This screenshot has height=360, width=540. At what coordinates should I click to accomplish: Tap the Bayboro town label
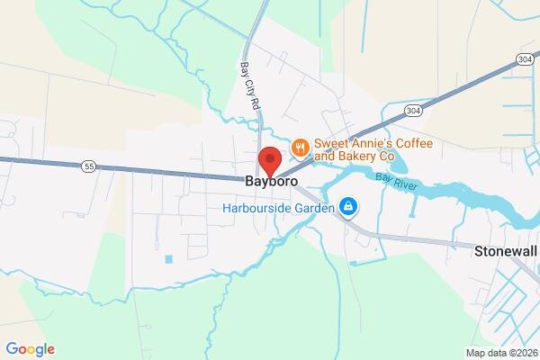(271, 182)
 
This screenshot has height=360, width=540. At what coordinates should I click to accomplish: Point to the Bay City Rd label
(251, 86)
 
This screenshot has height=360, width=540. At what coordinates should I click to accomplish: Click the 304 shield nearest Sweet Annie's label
(412, 111)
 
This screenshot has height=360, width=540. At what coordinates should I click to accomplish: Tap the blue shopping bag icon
(348, 209)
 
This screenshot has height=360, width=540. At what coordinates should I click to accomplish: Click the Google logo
(30, 349)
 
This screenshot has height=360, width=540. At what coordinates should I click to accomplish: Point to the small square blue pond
(168, 259)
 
